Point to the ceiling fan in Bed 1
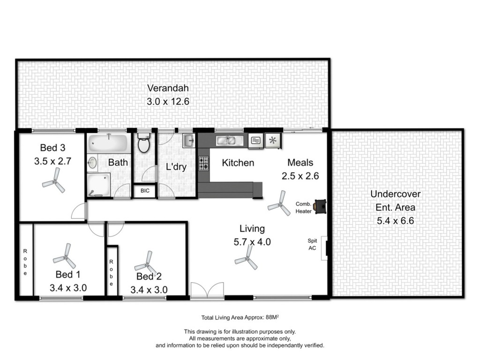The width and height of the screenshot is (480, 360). [65, 256]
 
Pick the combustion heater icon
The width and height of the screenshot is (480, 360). [321, 206]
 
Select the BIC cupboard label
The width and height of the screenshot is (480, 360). [145, 191]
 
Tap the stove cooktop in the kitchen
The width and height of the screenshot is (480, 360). [204, 164]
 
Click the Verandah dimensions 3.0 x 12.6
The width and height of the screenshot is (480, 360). [168, 101]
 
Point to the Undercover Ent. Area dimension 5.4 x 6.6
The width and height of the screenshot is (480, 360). [395, 220]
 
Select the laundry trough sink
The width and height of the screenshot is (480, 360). [189, 141]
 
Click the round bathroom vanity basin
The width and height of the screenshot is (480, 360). [93, 163]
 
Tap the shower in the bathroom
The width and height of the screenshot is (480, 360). [98, 184]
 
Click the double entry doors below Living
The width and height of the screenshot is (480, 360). [208, 290]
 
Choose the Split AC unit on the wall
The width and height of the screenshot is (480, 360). [325, 247]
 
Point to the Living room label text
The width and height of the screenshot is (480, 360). [252, 229]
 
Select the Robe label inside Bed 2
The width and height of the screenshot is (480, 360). [112, 273]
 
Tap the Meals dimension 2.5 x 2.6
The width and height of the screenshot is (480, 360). [300, 176]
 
